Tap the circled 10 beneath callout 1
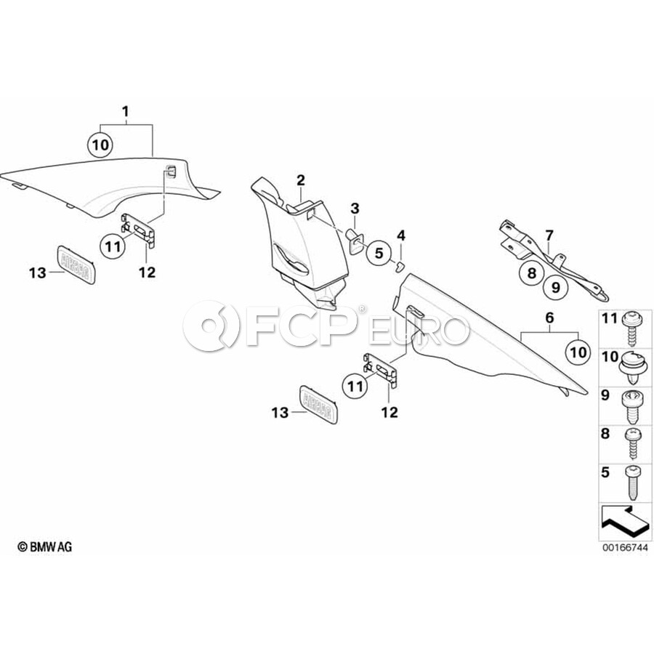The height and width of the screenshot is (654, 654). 101,145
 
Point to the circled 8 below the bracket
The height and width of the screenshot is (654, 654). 531,273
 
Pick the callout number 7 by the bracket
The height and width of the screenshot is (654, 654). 549,235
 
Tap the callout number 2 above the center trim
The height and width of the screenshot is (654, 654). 300,179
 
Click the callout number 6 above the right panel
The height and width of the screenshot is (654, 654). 549,318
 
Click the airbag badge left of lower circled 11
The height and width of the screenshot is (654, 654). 318,402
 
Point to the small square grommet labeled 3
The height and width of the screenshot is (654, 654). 355,237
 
